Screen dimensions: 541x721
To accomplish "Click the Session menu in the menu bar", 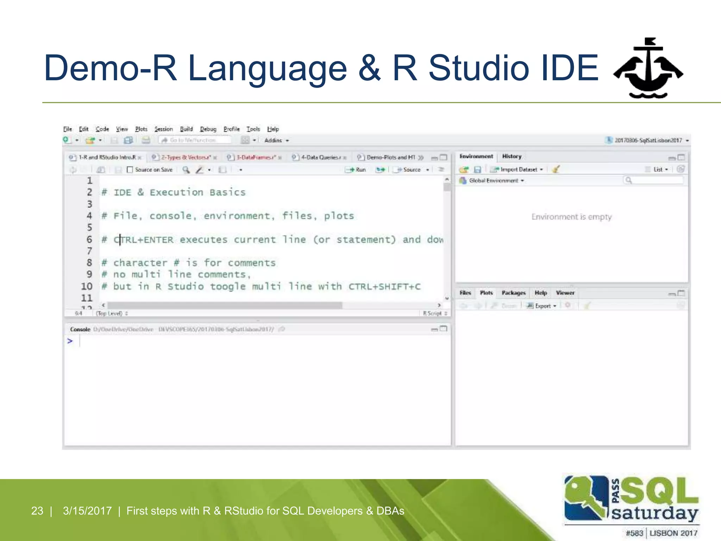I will point(164,129).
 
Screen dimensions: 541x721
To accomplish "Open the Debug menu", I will point(208,129).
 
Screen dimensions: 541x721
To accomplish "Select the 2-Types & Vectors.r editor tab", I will point(186,157).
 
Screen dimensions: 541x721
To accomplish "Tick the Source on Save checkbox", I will point(130,170).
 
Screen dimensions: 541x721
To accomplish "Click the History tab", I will point(512,156).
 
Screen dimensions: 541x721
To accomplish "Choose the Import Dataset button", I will point(518,169).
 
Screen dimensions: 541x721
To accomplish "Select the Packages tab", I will point(513,293).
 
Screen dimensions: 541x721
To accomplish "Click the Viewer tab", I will point(565,293).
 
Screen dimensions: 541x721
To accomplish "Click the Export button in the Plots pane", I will point(543,306).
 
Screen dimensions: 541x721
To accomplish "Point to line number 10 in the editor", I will point(87,286).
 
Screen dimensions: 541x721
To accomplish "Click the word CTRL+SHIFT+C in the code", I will point(384,287).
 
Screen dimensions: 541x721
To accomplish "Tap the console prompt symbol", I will point(70,341).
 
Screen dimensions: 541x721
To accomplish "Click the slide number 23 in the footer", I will point(37,511).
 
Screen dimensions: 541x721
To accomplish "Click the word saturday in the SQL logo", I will point(655,514).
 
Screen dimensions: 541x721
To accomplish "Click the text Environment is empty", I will point(571,217).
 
